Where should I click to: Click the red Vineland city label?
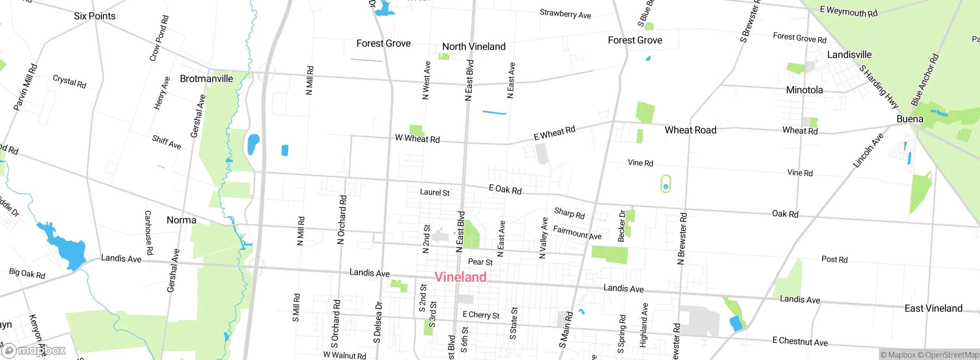461,277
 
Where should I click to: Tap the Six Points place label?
95,16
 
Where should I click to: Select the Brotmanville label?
206,79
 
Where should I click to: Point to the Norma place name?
181,220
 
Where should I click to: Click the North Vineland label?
474,47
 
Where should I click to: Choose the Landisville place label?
849,55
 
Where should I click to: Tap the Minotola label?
804,90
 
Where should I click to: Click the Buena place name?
910,119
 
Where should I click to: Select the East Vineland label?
933,309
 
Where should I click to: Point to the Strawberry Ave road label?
565,14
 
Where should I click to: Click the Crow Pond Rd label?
159,38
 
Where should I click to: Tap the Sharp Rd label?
570,213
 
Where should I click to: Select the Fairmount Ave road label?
577,232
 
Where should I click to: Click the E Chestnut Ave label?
800,341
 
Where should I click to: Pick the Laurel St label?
434,192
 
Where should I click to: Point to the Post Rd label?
835,259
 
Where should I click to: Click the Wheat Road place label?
691,130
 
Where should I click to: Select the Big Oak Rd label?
27,273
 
